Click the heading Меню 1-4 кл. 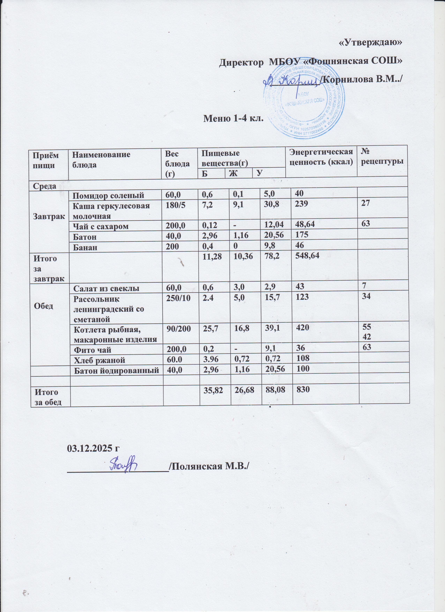point(233,118)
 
